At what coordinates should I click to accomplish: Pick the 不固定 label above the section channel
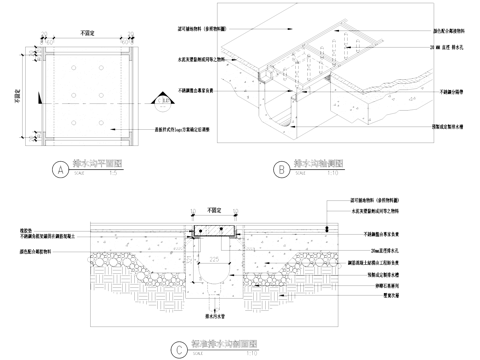211,212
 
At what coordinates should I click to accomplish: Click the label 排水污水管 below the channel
211,312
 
